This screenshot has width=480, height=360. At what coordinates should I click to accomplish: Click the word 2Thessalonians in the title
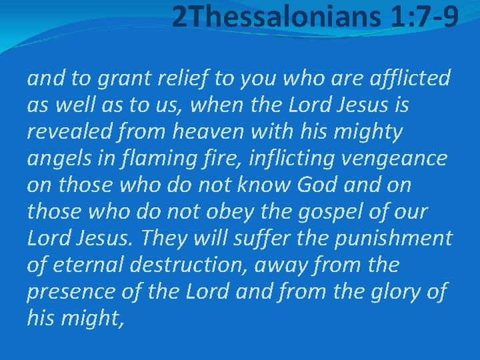tap(273, 18)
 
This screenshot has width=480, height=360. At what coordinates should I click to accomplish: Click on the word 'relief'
tap(170, 79)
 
